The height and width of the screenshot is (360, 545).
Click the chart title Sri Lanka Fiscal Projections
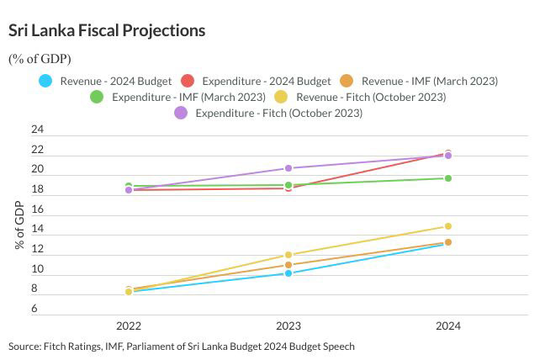tap(107, 31)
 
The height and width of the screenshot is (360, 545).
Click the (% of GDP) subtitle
tap(40, 59)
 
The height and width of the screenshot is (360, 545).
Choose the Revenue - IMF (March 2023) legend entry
tap(418, 82)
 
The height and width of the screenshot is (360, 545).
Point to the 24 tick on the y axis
tap(36, 130)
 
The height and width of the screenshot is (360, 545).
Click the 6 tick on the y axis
tap(36, 309)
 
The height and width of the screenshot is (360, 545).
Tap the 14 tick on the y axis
tap(36, 230)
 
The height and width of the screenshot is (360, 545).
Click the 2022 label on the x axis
tap(129, 326)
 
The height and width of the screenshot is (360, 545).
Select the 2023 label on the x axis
tap(288, 326)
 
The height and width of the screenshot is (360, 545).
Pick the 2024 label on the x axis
tap(447, 326)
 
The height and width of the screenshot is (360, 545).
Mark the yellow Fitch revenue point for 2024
tap(448, 226)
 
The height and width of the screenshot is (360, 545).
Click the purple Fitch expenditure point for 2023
tap(288, 168)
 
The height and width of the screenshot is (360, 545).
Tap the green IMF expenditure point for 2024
tap(448, 178)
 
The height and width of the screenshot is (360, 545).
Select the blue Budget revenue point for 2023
tap(288, 273)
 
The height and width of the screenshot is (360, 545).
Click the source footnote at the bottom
tap(182, 347)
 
